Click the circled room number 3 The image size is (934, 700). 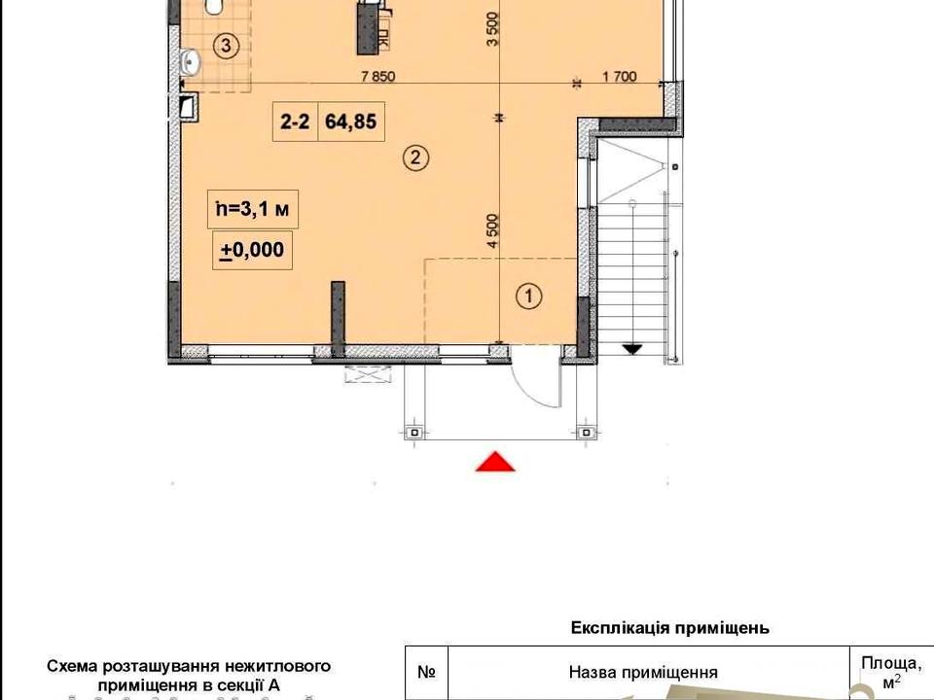(x=226, y=46)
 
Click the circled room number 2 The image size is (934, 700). (x=415, y=157)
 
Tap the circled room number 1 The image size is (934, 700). (x=528, y=296)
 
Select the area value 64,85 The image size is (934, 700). (x=351, y=122)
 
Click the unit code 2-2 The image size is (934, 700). (x=295, y=122)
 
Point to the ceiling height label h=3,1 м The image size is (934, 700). (x=253, y=209)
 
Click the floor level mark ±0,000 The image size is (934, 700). (x=253, y=250)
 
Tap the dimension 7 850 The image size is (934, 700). (x=378, y=76)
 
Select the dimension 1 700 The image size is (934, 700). (x=620, y=76)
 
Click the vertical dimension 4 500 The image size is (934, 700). (x=492, y=231)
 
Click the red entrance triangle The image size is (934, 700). (x=495, y=462)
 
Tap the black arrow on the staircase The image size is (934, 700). (x=632, y=349)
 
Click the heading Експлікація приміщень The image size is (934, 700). (x=669, y=627)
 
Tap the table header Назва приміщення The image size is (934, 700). (x=643, y=672)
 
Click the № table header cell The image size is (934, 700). (x=426, y=672)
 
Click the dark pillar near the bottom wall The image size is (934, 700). (x=338, y=319)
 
